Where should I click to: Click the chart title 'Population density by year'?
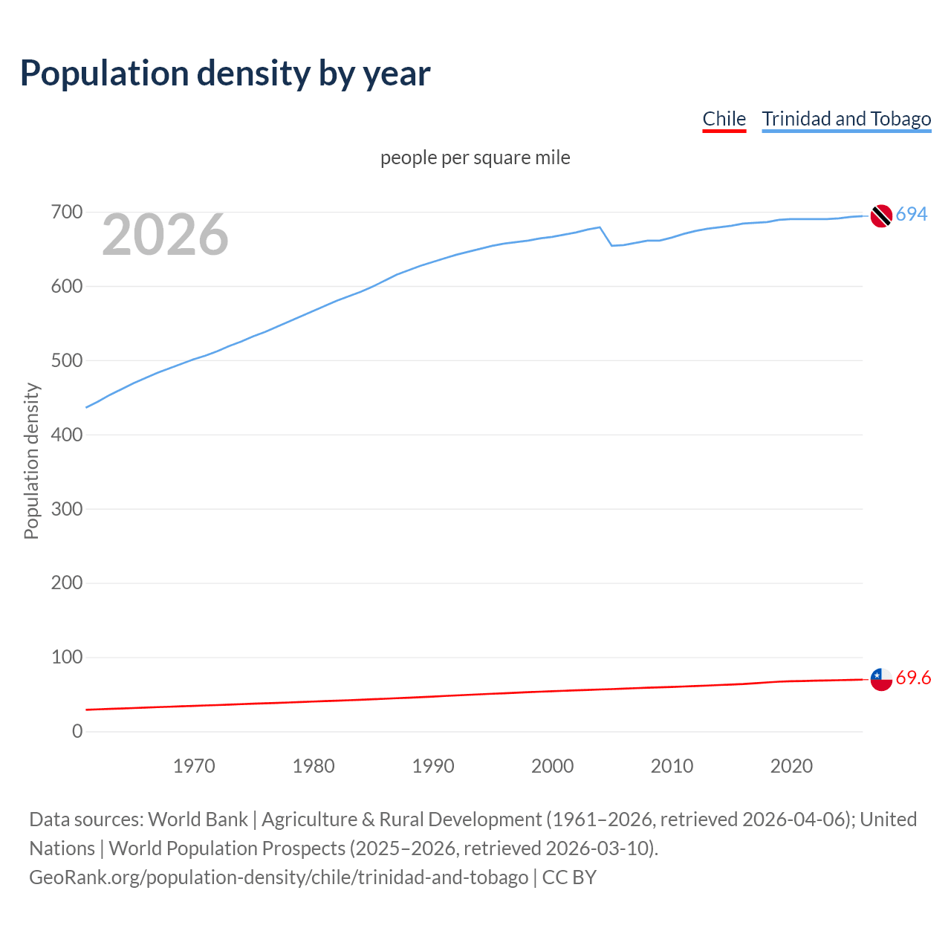225,73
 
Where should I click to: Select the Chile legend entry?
724,119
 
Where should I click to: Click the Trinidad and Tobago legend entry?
846,119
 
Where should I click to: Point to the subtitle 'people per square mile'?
475,158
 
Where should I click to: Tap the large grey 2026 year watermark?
165,235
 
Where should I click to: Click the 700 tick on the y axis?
67,212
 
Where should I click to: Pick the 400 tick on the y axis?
67,435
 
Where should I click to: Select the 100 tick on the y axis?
67,657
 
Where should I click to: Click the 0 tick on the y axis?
77,731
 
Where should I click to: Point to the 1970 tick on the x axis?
194,766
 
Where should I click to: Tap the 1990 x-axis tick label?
433,766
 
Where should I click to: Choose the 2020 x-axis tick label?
791,766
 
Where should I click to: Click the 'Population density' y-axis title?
31,461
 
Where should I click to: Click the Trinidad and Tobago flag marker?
881,215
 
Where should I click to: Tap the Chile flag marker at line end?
881,679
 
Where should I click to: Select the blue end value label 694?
912,214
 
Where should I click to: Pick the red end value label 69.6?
913,678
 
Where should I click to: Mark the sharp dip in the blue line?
611,244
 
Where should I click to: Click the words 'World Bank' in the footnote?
198,819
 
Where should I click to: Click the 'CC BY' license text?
569,877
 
